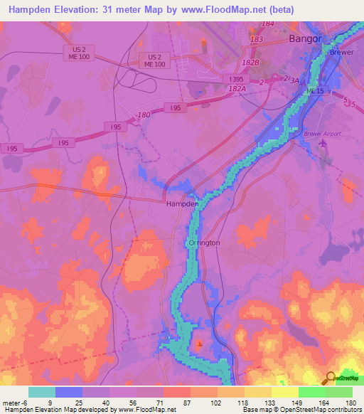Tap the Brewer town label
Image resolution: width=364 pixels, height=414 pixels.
point(341,53)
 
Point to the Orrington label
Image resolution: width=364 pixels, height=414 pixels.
point(204,243)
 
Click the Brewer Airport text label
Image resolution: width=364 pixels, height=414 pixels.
point(322,134)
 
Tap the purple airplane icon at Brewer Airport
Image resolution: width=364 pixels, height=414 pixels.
point(323,144)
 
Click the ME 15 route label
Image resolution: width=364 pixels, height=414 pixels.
point(314,92)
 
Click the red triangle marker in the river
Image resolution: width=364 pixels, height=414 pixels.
point(200,345)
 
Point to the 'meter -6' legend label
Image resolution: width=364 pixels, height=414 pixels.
point(15,403)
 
